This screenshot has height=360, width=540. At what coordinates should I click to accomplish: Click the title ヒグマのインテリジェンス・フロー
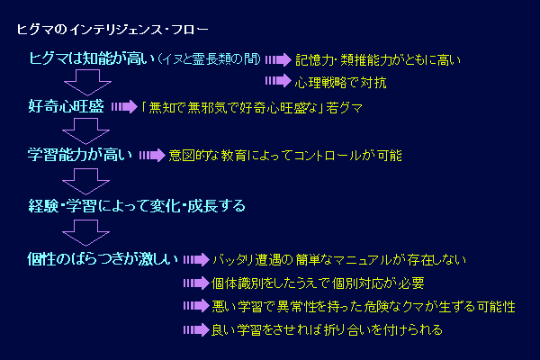click(112, 30)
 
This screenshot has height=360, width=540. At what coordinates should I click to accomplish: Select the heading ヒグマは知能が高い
click(93, 58)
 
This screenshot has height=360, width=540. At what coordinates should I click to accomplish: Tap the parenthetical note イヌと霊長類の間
click(209, 59)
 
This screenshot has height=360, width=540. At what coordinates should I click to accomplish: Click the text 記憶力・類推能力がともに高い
click(378, 60)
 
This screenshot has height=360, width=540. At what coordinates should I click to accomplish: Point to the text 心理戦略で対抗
click(340, 83)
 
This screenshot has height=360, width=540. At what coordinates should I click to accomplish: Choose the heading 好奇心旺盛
click(66, 106)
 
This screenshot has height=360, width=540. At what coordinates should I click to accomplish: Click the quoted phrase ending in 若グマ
click(252, 108)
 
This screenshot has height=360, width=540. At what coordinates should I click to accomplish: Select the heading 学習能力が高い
click(80, 155)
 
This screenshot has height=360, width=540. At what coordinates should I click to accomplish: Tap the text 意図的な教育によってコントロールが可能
click(285, 156)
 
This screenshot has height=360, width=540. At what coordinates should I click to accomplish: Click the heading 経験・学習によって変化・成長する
click(137, 206)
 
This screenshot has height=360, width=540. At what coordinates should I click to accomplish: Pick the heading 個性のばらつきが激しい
click(103, 259)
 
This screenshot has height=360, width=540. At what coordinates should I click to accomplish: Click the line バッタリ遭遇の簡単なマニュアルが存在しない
click(339, 260)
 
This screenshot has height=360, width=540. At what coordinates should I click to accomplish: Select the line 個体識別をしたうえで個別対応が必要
click(318, 283)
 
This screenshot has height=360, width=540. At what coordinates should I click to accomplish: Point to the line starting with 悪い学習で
click(364, 306)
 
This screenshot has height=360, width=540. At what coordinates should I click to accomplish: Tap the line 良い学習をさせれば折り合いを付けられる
click(327, 329)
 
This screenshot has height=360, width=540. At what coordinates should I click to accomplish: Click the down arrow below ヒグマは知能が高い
click(87, 82)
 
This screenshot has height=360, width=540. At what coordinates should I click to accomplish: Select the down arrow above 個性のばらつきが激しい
click(86, 233)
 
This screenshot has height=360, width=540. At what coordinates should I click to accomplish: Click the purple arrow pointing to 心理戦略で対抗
click(278, 81)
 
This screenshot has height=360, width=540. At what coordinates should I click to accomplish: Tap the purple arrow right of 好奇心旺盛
click(125, 107)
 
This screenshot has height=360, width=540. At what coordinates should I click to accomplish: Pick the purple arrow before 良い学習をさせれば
click(196, 329)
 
